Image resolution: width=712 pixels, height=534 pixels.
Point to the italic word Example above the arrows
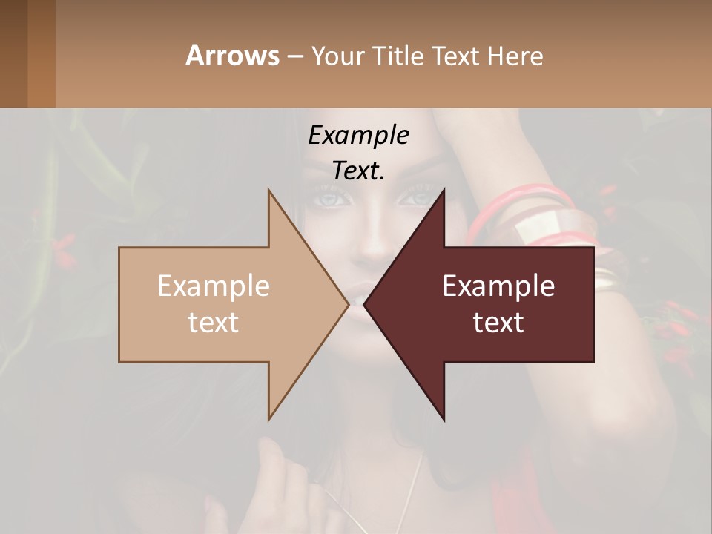[x=358, y=135]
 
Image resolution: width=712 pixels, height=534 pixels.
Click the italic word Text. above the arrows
[x=358, y=171]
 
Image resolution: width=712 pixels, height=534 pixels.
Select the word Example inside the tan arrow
[x=213, y=286]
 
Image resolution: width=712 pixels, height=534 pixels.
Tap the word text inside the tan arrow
[x=213, y=323]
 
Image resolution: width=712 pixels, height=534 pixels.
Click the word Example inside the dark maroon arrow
[x=498, y=286]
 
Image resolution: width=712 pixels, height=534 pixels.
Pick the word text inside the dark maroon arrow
[x=498, y=323]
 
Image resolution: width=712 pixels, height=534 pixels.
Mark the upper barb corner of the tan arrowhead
[x=268, y=190]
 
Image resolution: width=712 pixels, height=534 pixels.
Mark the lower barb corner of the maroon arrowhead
[x=444, y=421]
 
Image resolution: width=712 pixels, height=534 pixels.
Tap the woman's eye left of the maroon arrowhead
[x=327, y=199]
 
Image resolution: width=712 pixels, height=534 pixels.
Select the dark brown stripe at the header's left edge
[x=13, y=53]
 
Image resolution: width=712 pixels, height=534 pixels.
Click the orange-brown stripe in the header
[x=42, y=53]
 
